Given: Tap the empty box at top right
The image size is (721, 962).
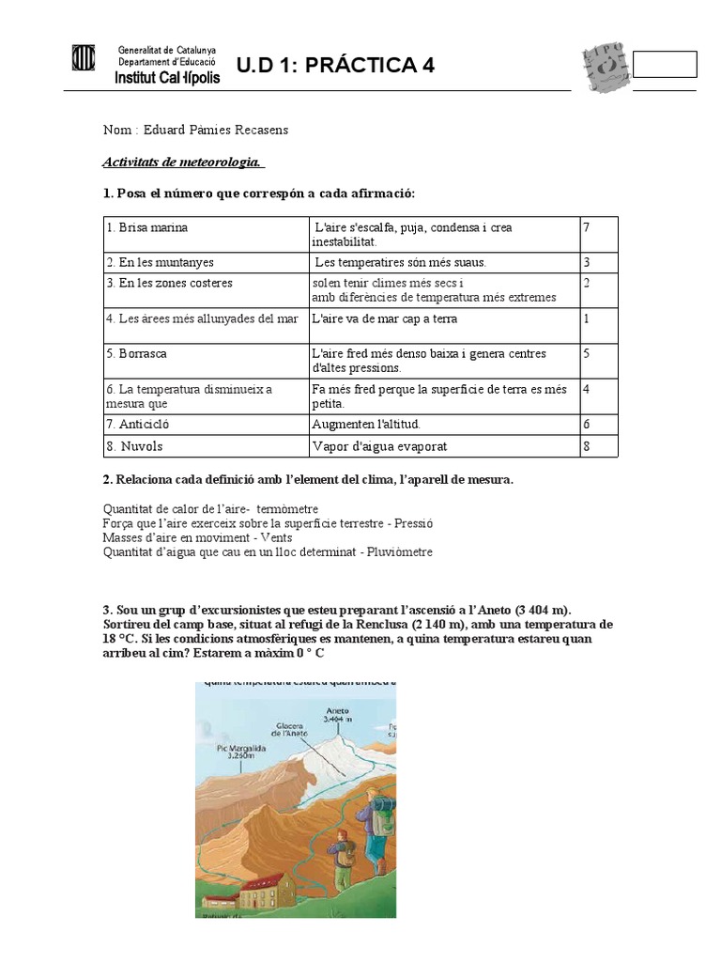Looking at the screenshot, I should (665, 64).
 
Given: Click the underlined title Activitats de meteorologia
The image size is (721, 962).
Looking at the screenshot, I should (183, 163).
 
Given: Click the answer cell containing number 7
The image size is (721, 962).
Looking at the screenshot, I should (587, 228).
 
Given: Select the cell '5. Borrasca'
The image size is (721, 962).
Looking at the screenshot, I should (143, 354).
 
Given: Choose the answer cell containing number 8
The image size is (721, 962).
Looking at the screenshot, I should (587, 446).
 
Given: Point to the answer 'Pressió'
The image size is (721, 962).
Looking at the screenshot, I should (407, 522).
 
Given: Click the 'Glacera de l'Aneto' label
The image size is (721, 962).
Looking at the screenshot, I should (292, 730).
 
